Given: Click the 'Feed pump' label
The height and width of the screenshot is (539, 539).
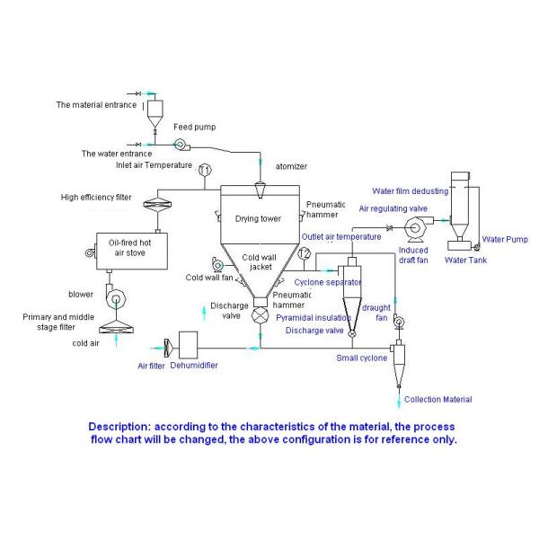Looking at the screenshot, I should (x=195, y=128).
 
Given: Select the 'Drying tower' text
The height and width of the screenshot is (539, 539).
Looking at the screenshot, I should (x=258, y=218).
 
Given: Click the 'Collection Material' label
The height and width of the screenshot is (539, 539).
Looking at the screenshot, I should (x=437, y=399).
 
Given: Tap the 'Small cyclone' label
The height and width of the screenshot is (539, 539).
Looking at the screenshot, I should (x=362, y=358).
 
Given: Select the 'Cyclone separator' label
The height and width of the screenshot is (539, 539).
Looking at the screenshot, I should (x=328, y=282).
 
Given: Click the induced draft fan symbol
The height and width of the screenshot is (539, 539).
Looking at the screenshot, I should (x=416, y=229).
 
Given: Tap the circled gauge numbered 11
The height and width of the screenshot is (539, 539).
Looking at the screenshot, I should (x=205, y=170).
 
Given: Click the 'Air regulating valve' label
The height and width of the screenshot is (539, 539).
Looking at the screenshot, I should (x=393, y=208).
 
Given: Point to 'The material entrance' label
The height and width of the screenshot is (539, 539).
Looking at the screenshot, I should (x=96, y=105).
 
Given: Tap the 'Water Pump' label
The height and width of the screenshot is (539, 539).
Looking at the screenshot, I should (x=501, y=239).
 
